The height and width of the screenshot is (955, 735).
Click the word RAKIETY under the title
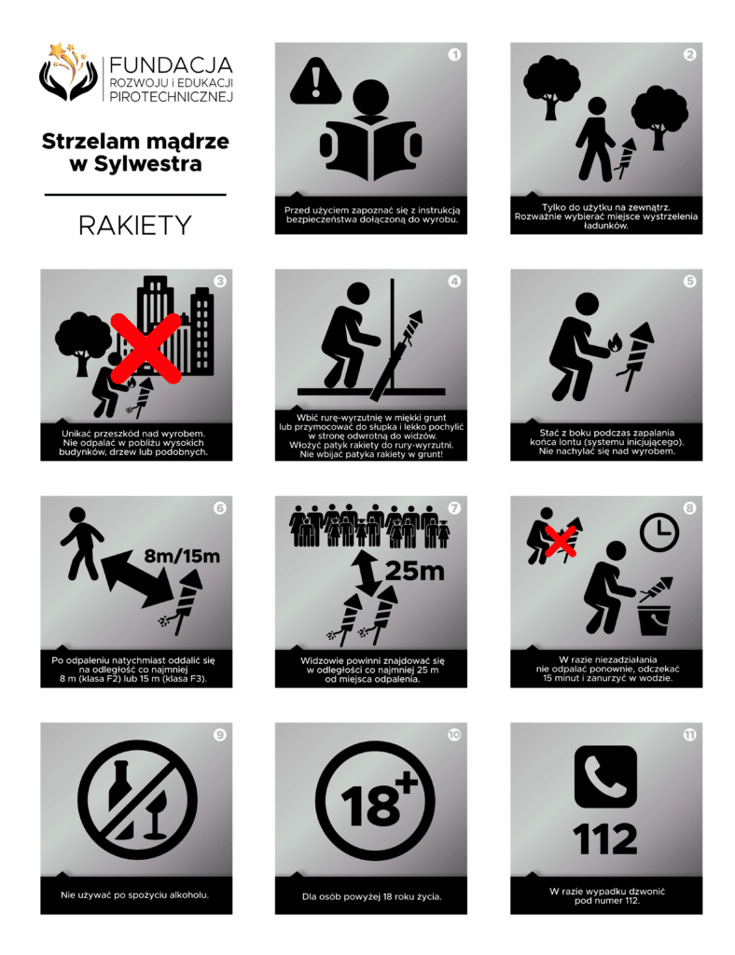click(134, 226)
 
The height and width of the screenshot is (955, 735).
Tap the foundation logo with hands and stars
click(68, 72)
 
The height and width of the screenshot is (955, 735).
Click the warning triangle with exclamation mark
click(315, 80)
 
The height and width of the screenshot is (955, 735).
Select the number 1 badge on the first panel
click(454, 55)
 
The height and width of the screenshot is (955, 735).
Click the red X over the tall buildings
click(146, 348)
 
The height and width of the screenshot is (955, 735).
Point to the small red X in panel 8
click(561, 542)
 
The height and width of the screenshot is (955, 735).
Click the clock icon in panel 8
click(659, 533)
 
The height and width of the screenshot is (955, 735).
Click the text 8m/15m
click(182, 556)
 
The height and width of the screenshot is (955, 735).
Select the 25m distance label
click(415, 572)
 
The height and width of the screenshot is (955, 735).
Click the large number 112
click(605, 839)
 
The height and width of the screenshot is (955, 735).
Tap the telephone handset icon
click(605, 777)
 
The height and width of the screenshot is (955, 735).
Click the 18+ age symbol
click(375, 800)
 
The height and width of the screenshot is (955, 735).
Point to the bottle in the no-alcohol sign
click(121, 798)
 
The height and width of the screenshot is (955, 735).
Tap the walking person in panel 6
click(81, 544)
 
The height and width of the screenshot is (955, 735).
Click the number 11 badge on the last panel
click(689, 735)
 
